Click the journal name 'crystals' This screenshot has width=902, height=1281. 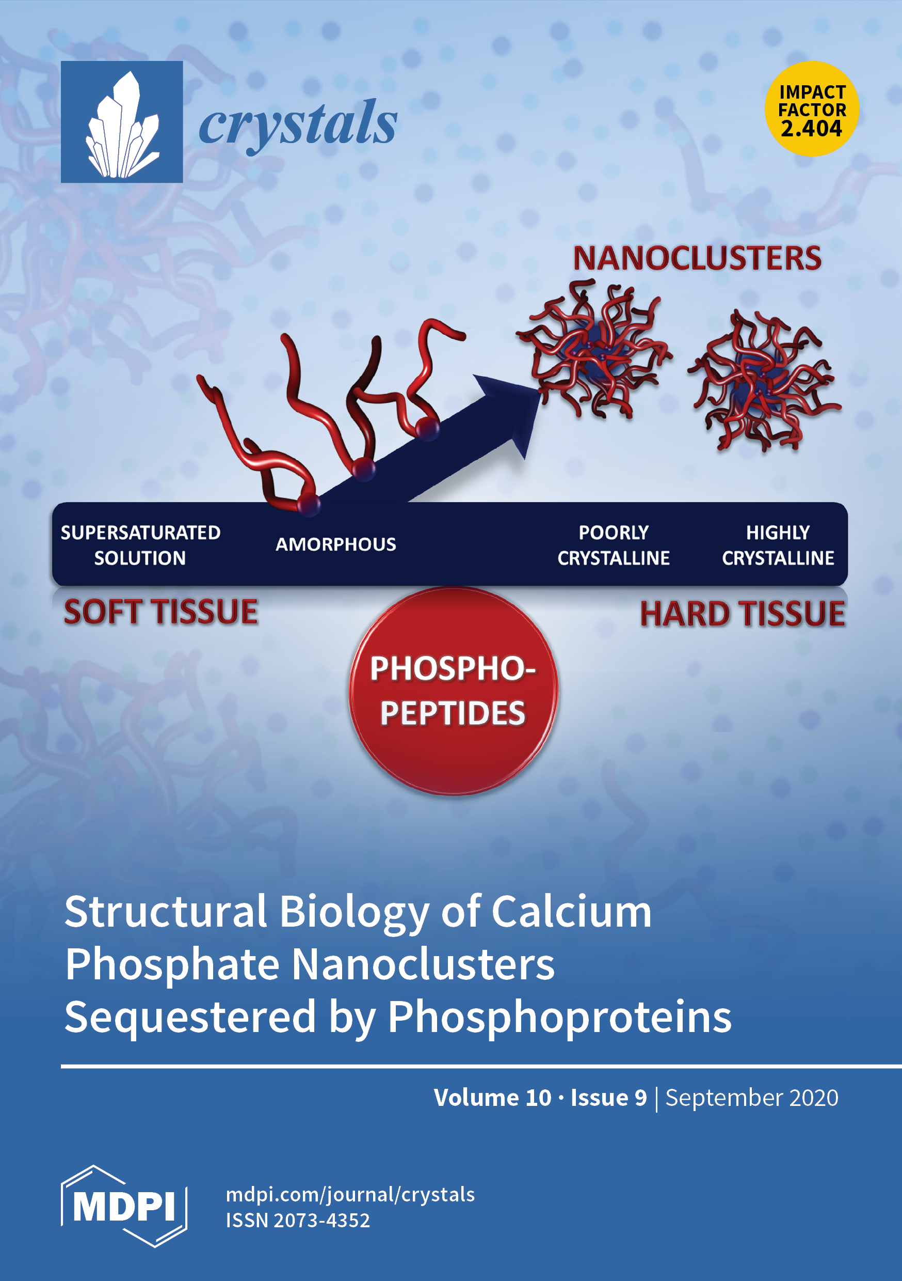[298, 124]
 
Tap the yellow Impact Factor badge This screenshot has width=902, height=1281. [812, 109]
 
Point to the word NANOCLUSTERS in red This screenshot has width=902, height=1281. [697, 258]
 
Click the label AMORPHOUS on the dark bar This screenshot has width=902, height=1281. [335, 544]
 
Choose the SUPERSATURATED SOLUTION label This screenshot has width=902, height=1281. [140, 545]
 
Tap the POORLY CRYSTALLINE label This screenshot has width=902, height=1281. [613, 545]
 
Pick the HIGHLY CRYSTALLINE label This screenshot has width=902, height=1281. [778, 545]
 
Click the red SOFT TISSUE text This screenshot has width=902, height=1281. [160, 612]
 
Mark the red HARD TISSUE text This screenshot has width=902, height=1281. [742, 614]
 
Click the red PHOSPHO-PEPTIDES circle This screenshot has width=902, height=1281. [453, 691]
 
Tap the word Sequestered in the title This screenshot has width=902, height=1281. [190, 1017]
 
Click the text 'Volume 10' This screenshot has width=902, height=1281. [492, 1098]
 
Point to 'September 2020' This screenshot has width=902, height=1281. [751, 1098]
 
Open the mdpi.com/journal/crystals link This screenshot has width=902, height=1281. [350, 1195]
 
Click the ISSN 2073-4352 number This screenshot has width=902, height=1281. [298, 1220]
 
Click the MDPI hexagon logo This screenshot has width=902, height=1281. [124, 1206]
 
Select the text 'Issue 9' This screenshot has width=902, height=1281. [608, 1098]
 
